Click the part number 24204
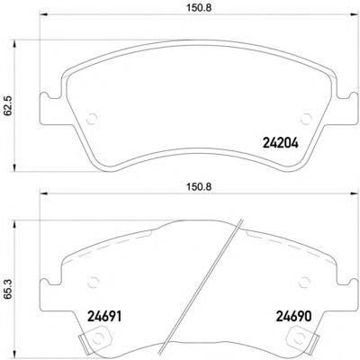(x=281, y=143)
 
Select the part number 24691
(x=104, y=317)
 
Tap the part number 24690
(x=293, y=317)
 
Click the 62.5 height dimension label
(x=8, y=105)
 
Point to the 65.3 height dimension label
(x=8, y=289)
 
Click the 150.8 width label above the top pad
(x=199, y=8)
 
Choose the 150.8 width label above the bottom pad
(x=199, y=187)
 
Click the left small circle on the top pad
(x=92, y=119)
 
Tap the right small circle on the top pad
(x=306, y=119)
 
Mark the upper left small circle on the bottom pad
(x=94, y=281)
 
